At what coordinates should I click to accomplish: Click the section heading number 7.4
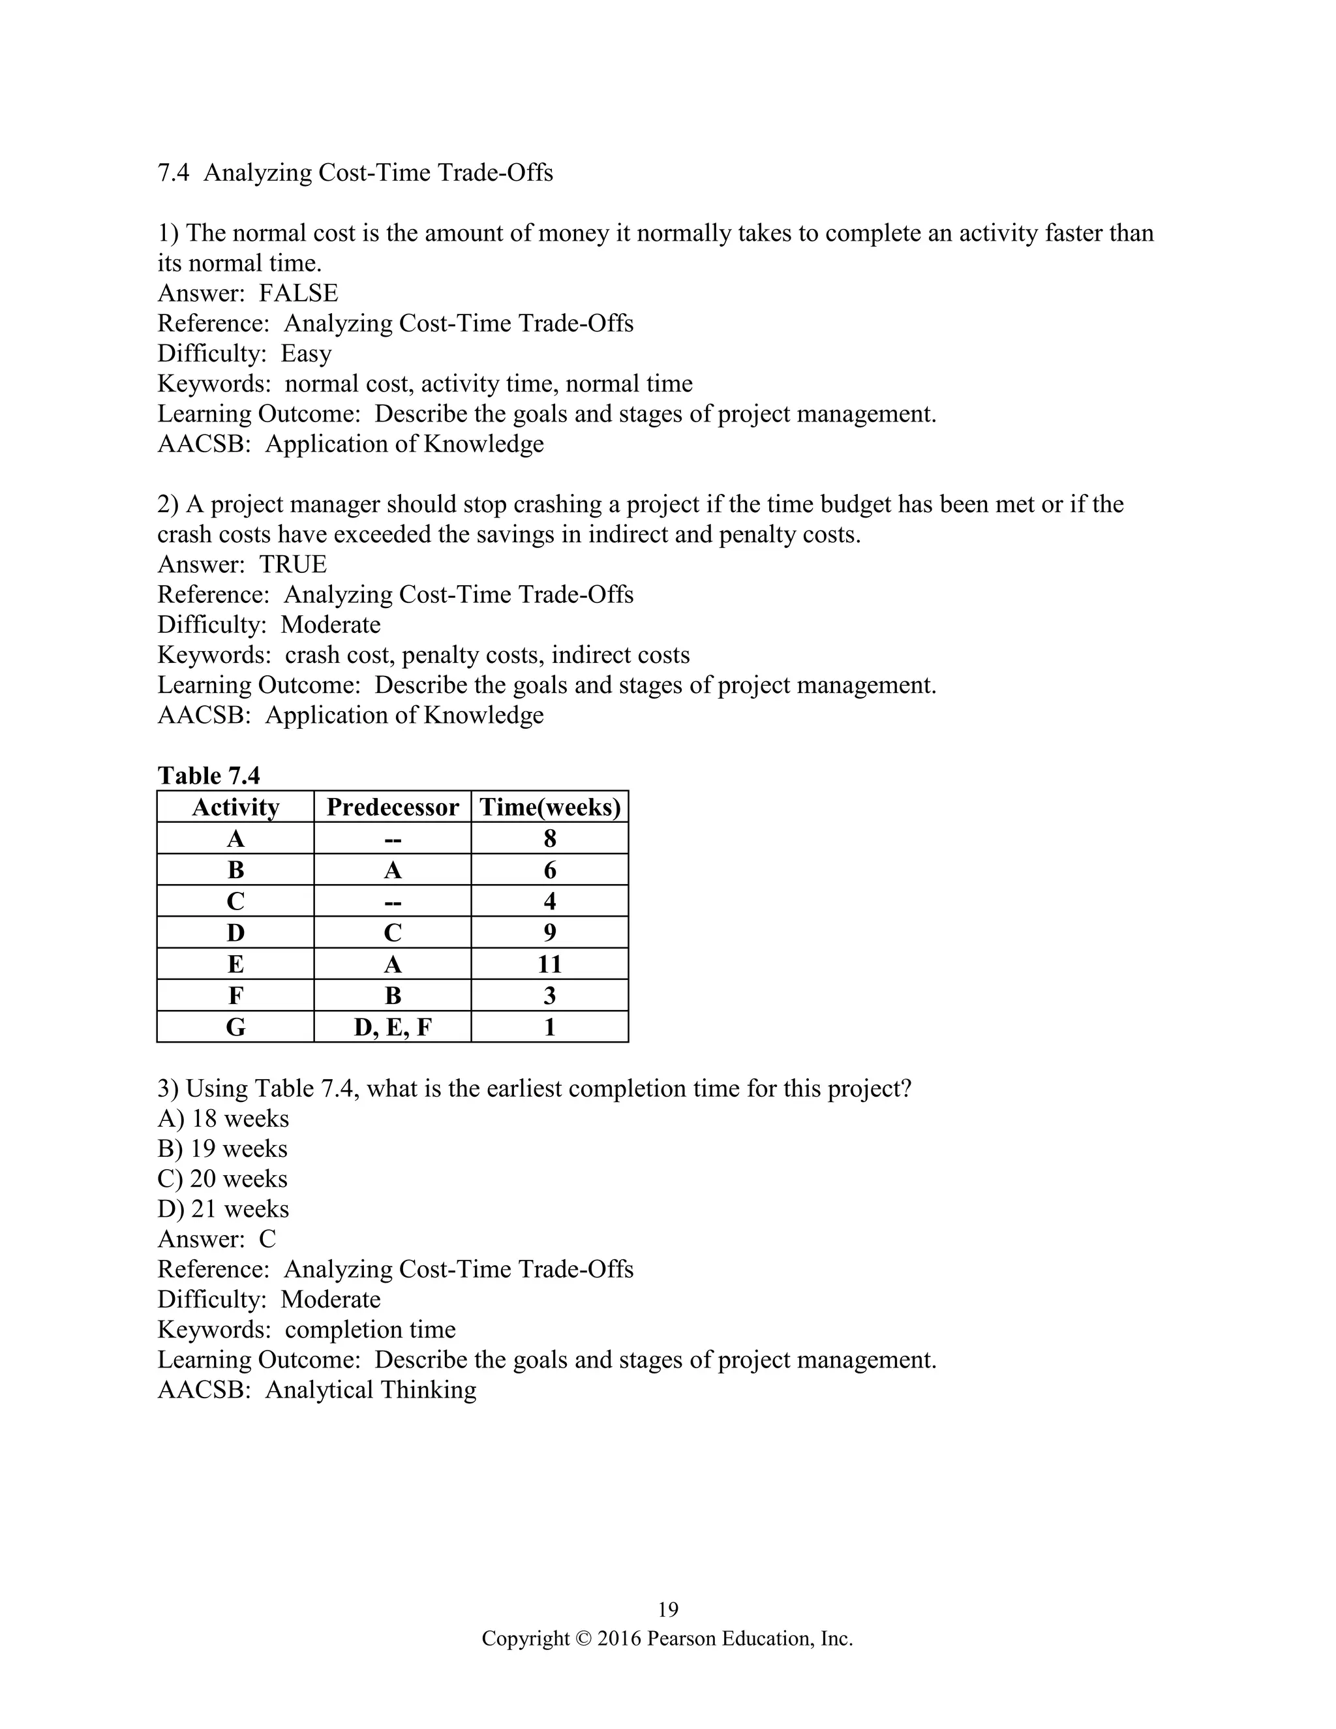174,173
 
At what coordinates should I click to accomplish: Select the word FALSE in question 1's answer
298,293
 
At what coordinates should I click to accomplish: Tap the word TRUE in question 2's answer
293,564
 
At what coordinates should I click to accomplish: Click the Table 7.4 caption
209,775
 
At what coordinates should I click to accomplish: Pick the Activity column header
236,806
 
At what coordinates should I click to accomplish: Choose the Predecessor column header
393,806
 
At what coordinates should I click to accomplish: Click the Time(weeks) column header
550,806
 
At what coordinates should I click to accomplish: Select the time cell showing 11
550,964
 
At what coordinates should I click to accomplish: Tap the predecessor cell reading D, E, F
393,1028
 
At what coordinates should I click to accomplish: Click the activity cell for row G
236,1028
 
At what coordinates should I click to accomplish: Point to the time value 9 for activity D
550,932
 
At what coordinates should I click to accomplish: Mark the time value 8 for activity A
550,838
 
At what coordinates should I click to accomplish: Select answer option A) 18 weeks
223,1118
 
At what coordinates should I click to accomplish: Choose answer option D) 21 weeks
223,1209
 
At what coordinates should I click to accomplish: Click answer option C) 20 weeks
222,1179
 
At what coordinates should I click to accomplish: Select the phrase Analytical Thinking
371,1389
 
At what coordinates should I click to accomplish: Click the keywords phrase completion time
371,1329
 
